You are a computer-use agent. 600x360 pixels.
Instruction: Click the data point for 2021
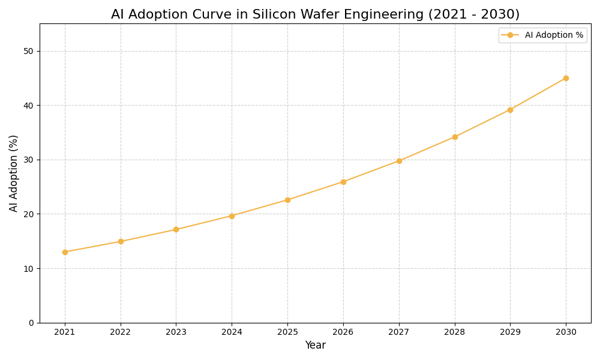(x=65, y=252)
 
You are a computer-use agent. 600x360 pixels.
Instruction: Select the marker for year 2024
(x=232, y=216)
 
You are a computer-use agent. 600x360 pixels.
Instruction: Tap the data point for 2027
(x=399, y=161)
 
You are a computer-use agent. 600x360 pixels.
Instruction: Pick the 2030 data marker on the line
(x=566, y=78)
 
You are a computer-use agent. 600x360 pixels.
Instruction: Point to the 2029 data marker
(x=510, y=110)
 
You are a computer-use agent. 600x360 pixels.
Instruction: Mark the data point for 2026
(x=343, y=182)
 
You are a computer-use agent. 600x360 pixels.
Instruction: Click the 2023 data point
(x=176, y=229)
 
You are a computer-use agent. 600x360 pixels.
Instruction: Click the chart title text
(x=315, y=14)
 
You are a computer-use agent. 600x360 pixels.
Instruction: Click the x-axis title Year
(x=315, y=346)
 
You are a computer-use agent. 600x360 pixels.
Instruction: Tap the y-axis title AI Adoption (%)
(x=14, y=173)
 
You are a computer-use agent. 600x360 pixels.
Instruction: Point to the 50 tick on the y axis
(x=29, y=51)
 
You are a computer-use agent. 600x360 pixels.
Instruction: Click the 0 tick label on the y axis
(x=31, y=323)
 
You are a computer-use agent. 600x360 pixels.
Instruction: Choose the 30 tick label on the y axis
(x=29, y=160)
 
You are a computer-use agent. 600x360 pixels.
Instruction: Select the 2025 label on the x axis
(x=287, y=332)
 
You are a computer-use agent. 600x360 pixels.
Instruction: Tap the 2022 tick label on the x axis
(x=121, y=332)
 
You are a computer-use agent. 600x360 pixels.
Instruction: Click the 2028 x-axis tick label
(x=455, y=332)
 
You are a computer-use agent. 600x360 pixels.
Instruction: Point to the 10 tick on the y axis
(x=29, y=268)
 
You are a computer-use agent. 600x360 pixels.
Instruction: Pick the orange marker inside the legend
(x=510, y=35)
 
